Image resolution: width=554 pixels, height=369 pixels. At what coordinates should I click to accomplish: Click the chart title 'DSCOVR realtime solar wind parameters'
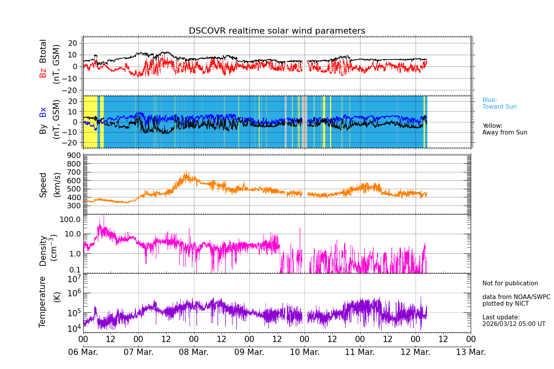pos(277,31)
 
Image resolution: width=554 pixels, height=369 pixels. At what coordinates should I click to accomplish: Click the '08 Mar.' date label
pos(194,352)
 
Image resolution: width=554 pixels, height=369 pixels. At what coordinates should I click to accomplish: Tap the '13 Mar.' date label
pos(471,352)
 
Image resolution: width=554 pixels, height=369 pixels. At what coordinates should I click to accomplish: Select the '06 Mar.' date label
pos(83,352)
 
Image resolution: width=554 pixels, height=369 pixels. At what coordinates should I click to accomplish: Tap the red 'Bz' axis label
pos(43,73)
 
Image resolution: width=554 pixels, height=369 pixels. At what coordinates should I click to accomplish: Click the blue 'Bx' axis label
pos(43,112)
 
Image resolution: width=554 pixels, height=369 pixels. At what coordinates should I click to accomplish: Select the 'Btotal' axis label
pos(43,51)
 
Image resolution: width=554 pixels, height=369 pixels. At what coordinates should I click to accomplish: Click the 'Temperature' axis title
pos(43,302)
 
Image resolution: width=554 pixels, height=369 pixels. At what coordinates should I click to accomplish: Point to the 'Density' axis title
pos(43,251)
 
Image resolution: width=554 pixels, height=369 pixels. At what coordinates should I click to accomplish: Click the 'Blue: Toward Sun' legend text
pos(499,104)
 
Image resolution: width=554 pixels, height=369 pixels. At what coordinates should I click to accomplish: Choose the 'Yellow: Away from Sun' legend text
pos(505,129)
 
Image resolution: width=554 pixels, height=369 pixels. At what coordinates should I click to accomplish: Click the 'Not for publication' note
pos(510,283)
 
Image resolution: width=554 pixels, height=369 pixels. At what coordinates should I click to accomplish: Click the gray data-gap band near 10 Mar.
pos(304,122)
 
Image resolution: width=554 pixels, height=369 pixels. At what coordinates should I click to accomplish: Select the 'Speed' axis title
pos(43,185)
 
